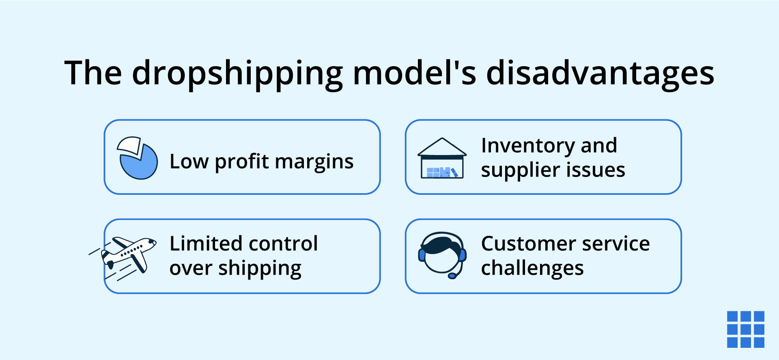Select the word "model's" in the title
click(x=414, y=73)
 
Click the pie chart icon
click(x=137, y=158)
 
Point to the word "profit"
click(x=242, y=162)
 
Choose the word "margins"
click(x=314, y=162)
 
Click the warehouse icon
click(x=442, y=159)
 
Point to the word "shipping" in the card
click(x=260, y=269)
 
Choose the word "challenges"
click(x=532, y=269)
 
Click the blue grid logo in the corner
click(x=745, y=329)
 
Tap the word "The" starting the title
click(x=93, y=73)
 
